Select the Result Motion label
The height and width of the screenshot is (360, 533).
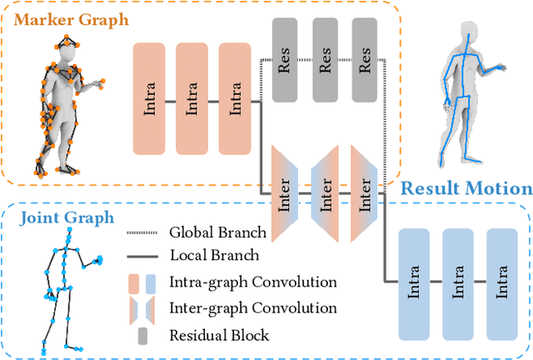[x=466, y=187]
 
